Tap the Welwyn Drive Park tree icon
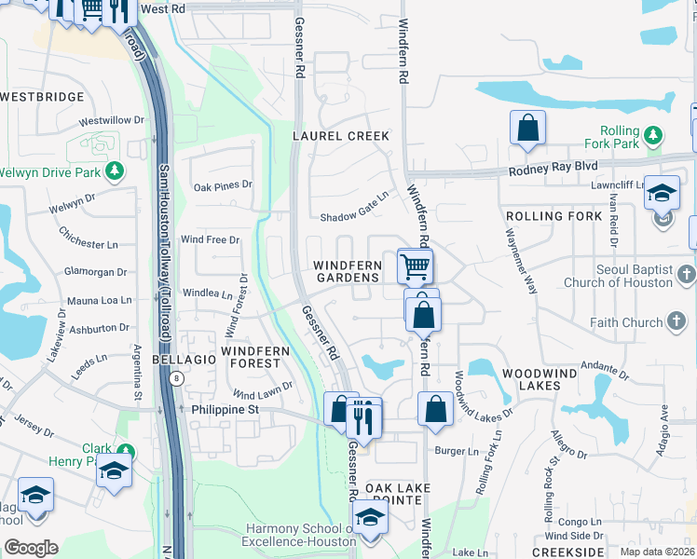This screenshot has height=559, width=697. click(115, 171)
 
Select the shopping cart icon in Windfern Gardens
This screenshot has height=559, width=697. click(415, 266)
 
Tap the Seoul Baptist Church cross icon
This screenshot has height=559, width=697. click(686, 274)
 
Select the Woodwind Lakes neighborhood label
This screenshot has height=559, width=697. click(542, 373)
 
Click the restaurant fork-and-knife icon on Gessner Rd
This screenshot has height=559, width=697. click(363, 418)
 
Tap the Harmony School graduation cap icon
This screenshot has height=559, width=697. click(370, 518)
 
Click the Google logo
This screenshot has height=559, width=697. click(31, 548)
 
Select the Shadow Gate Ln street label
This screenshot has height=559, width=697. click(353, 216)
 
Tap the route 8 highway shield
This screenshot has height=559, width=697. click(176, 378)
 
